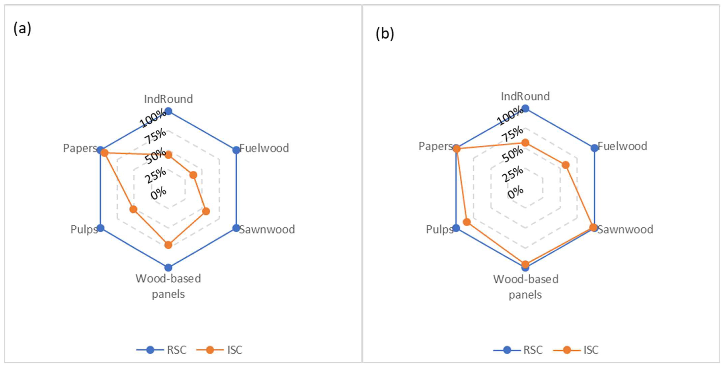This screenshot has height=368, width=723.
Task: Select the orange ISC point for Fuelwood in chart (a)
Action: click(193, 176)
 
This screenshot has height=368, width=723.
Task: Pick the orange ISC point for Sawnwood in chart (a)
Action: click(206, 211)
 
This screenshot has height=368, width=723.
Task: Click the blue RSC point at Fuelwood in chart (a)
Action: click(236, 150)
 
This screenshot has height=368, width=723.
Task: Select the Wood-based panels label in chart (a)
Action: click(168, 286)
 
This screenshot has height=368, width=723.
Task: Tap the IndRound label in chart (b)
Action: click(525, 96)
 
